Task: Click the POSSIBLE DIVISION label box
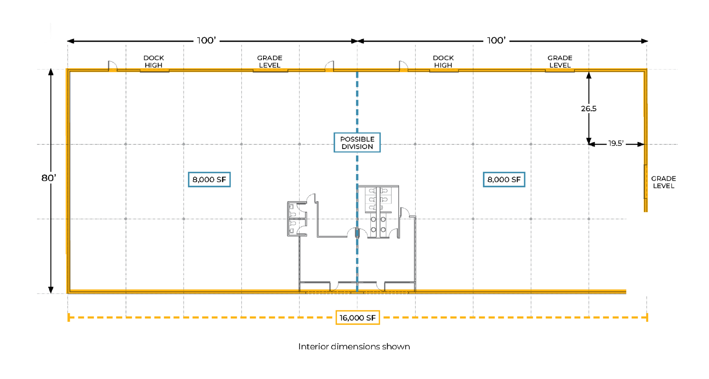[357, 143]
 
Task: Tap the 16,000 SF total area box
[357, 318]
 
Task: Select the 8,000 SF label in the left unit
[209, 179]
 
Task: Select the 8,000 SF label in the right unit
[504, 179]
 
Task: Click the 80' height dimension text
[49, 178]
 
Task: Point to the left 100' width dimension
[206, 40]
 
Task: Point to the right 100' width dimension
[496, 40]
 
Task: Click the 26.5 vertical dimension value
[588, 109]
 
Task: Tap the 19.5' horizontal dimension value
[616, 143]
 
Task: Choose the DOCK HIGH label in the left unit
[153, 61]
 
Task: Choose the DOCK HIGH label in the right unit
[443, 61]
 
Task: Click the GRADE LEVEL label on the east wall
[663, 182]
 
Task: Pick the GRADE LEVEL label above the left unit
[269, 61]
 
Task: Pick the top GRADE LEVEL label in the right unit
[560, 61]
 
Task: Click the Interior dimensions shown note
[354, 346]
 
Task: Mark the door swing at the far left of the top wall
[112, 66]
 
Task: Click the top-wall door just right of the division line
[403, 66]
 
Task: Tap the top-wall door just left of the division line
[330, 66]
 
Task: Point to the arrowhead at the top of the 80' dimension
[51, 72]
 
